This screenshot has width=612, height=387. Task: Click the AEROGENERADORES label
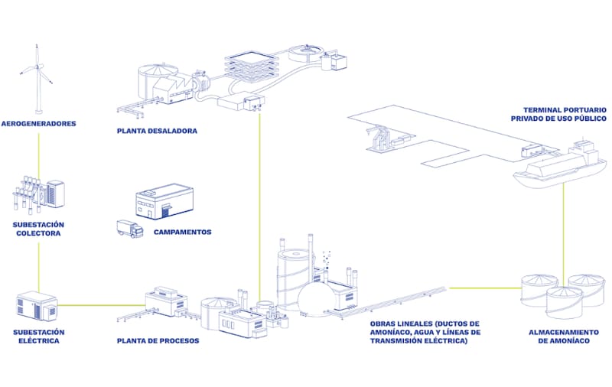[39, 124]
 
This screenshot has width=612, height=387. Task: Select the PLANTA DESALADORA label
[157, 131]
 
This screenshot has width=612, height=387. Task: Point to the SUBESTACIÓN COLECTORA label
[38, 229]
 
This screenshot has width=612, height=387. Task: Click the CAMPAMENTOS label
[182, 232]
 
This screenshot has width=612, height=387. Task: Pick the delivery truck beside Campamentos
[130, 229]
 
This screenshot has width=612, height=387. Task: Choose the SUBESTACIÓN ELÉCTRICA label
[39, 337]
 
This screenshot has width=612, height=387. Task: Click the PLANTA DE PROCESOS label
[158, 341]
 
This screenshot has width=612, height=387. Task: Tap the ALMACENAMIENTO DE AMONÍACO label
[564, 337]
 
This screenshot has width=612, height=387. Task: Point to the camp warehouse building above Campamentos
[164, 201]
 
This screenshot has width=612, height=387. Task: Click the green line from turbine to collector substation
[39, 155]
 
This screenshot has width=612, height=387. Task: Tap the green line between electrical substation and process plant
[102, 305]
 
